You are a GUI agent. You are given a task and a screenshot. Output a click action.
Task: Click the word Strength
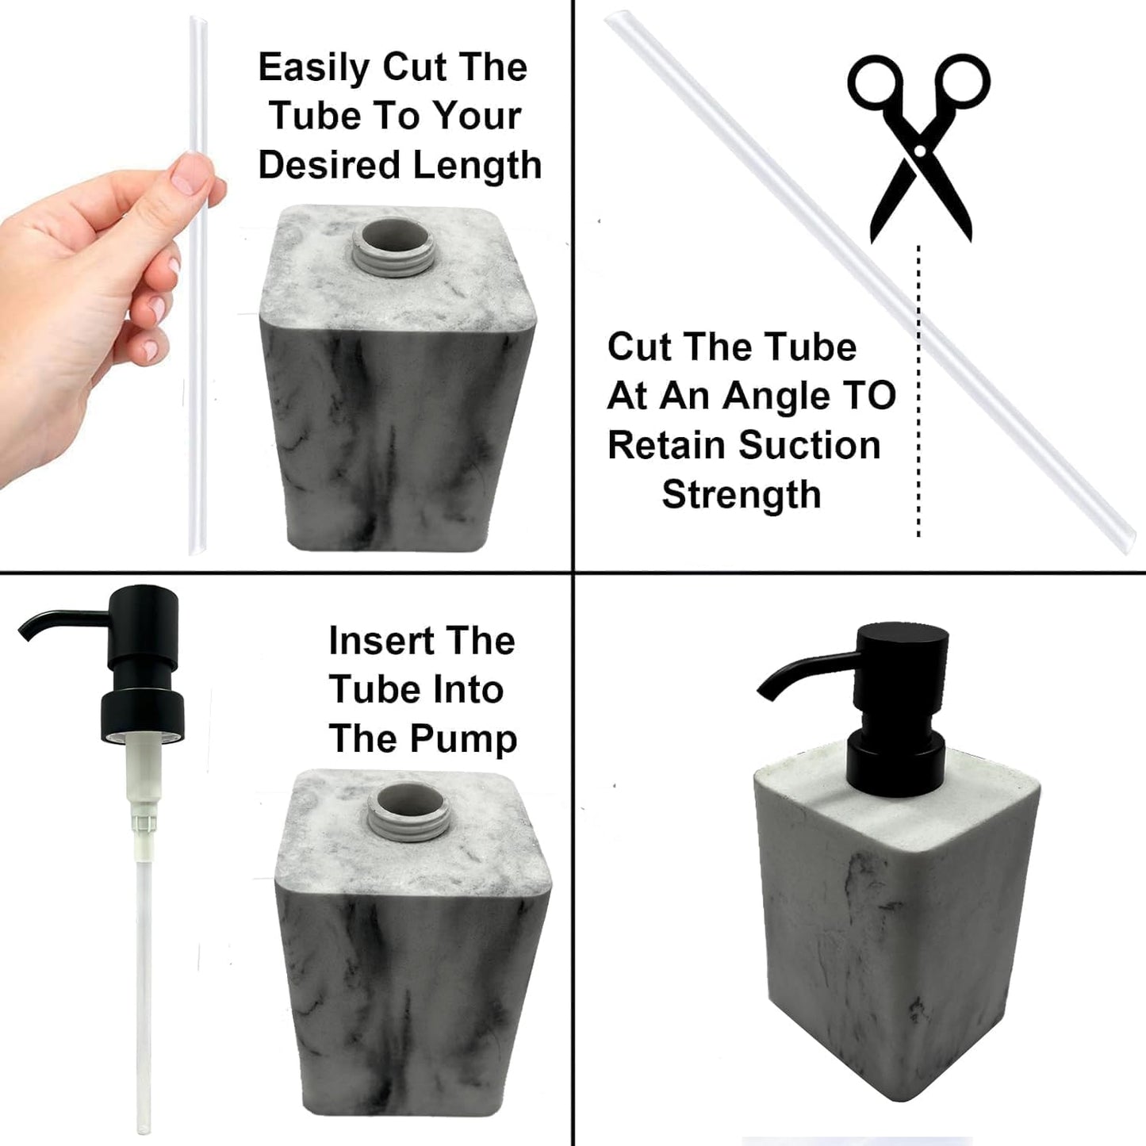coord(741,494)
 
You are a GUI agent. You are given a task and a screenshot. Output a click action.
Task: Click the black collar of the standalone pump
coord(141,710)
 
